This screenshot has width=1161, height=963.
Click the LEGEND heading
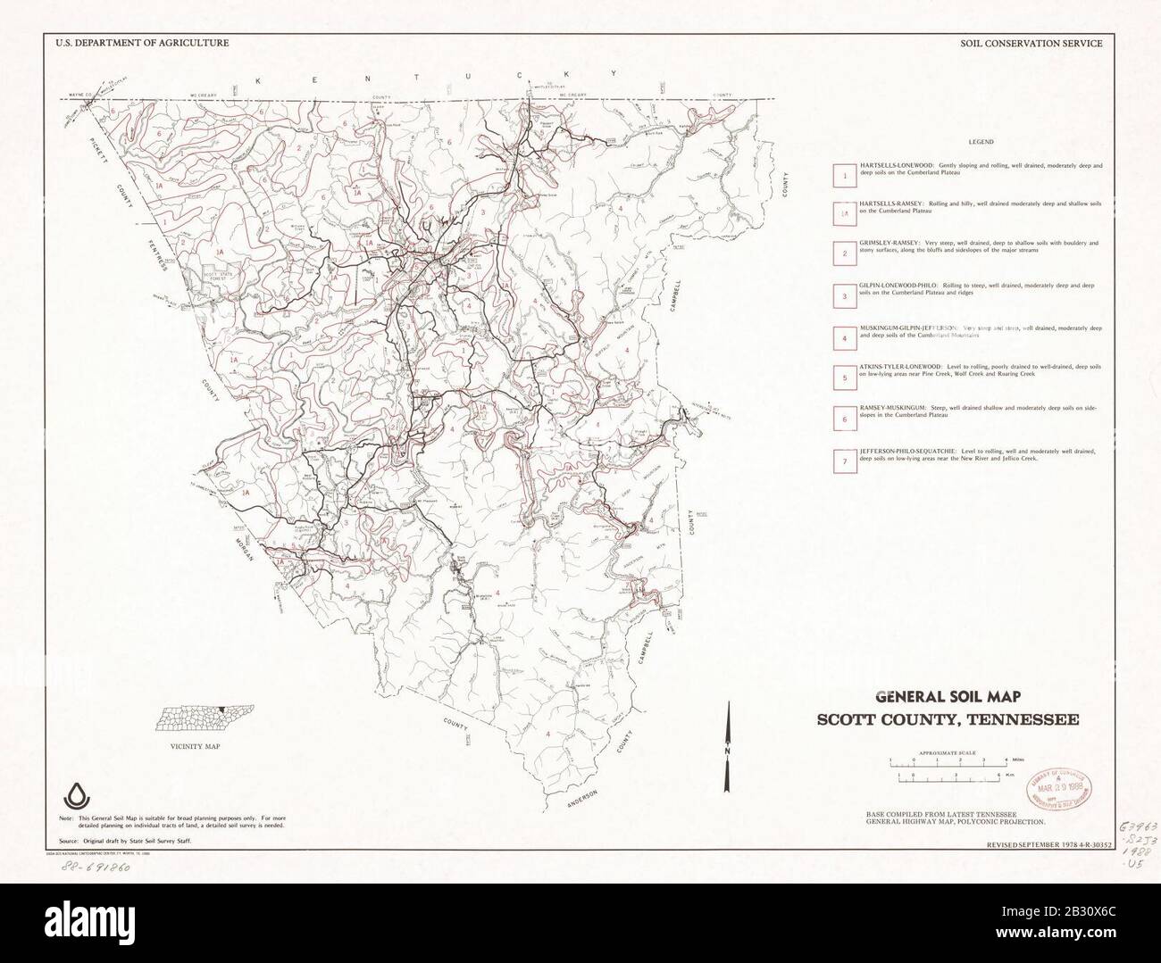980,142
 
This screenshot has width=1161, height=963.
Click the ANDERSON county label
590,786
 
